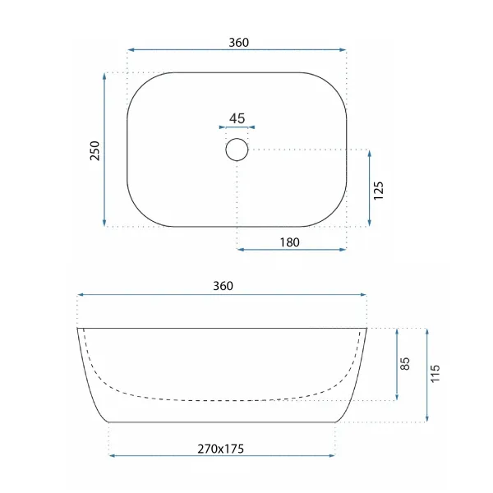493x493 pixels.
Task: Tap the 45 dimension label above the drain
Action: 237,118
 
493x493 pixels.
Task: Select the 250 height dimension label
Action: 94,151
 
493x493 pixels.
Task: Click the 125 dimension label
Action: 378,191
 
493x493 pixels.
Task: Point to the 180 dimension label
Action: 289,242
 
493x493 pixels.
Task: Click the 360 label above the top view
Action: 238,43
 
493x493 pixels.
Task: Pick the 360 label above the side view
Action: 223,286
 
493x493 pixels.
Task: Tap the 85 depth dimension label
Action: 405,364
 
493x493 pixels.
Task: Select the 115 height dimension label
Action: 435,374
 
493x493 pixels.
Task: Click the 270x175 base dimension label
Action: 221,449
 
